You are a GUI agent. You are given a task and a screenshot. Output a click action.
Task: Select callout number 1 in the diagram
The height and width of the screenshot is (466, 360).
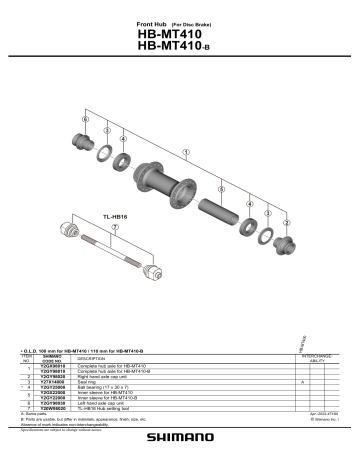click(x=186, y=152)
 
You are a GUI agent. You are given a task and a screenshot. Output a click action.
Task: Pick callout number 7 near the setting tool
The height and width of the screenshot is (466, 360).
click(x=116, y=227)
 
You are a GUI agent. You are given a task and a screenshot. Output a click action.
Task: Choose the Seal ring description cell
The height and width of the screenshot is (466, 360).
click(x=89, y=383)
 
